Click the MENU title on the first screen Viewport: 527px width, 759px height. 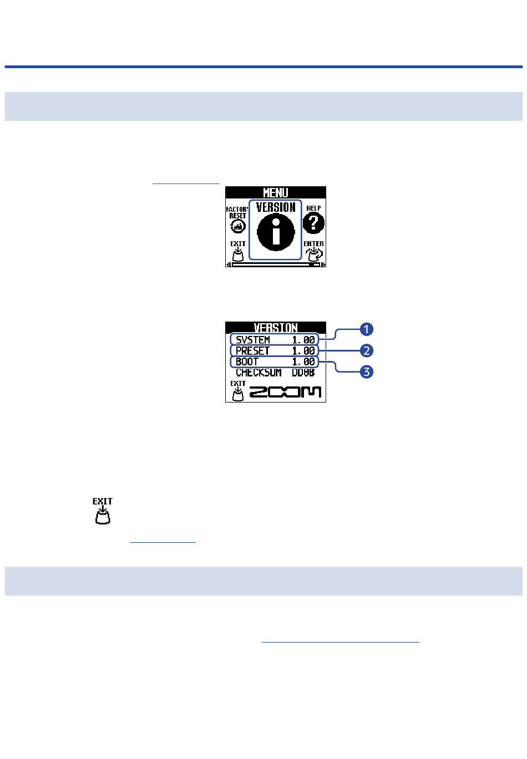(x=275, y=193)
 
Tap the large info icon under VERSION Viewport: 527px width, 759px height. (x=276, y=232)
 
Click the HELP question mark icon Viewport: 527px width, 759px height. (x=313, y=223)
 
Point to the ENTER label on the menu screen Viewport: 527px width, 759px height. (x=313, y=243)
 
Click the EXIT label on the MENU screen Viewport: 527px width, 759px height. (x=238, y=243)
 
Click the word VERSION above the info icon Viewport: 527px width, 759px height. (x=276, y=207)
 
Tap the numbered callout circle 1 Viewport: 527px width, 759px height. (x=366, y=329)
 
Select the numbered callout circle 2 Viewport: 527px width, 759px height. (x=366, y=350)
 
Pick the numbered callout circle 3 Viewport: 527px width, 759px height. (x=366, y=371)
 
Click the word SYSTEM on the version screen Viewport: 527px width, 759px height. (x=252, y=339)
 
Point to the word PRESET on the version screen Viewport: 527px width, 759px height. (x=252, y=350)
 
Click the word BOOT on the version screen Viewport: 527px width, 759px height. (x=247, y=361)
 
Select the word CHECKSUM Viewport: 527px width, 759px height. (x=259, y=373)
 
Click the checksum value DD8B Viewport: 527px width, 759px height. (x=303, y=373)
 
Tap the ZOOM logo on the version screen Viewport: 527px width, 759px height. (x=285, y=392)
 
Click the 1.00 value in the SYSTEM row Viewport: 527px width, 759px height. (x=303, y=339)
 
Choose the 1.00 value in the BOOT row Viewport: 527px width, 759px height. (x=303, y=361)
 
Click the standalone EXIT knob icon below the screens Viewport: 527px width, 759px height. (x=103, y=511)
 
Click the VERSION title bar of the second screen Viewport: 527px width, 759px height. (x=275, y=327)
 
